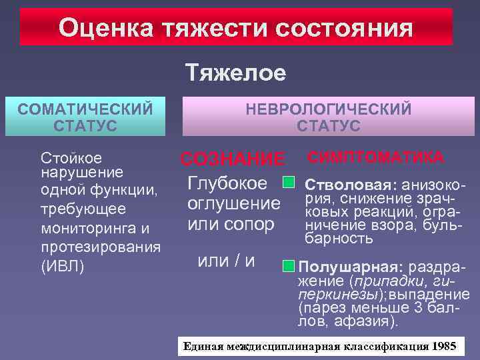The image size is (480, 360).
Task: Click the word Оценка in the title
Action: pyautogui.click(x=99, y=28)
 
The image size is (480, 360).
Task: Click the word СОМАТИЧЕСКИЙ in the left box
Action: pyautogui.click(x=85, y=108)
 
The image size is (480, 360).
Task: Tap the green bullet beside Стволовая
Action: pyautogui.click(x=289, y=182)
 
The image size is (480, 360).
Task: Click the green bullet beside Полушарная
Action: pyautogui.click(x=287, y=265)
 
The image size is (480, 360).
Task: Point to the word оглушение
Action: pyautogui.click(x=233, y=203)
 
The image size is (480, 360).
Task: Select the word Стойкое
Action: pyautogui.click(x=71, y=158)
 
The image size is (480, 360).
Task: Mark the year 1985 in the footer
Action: pyautogui.click(x=444, y=346)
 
